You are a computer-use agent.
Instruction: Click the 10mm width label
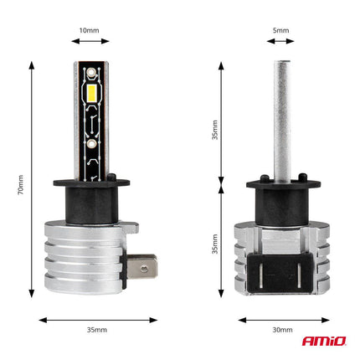(x=89, y=30)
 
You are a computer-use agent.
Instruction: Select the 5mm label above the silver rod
(x=280, y=30)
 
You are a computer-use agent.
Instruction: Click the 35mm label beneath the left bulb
(x=96, y=331)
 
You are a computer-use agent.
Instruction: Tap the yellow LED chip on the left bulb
(x=93, y=94)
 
